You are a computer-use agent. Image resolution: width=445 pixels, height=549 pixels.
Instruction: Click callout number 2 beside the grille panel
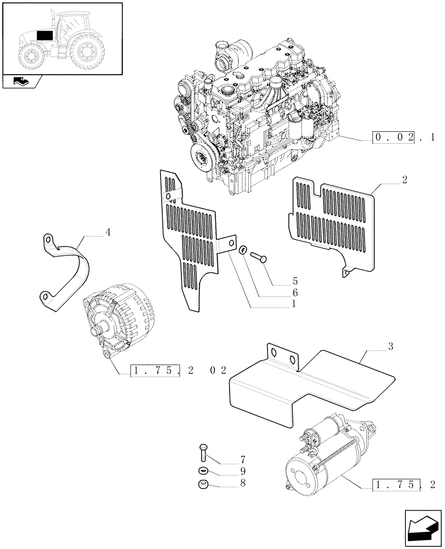404,181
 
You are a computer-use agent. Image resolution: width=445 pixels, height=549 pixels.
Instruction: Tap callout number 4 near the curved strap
107,233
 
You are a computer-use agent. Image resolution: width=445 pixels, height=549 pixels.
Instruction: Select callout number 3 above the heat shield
390,346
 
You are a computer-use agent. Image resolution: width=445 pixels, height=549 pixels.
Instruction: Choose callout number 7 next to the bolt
242,459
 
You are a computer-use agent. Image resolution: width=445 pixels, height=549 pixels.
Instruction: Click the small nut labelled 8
202,484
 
